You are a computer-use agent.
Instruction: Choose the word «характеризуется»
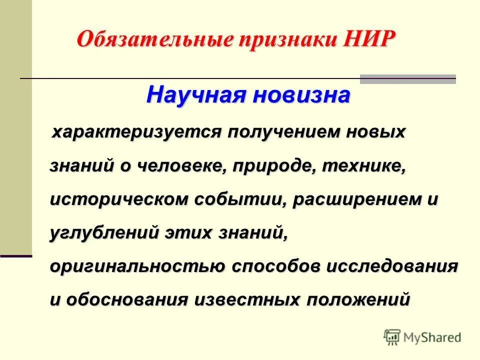137,132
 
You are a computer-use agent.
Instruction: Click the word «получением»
280,132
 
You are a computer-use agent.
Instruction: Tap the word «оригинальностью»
137,266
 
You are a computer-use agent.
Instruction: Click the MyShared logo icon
392,337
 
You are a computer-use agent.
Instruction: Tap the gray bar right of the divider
408,79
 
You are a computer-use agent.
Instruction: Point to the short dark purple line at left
16,256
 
